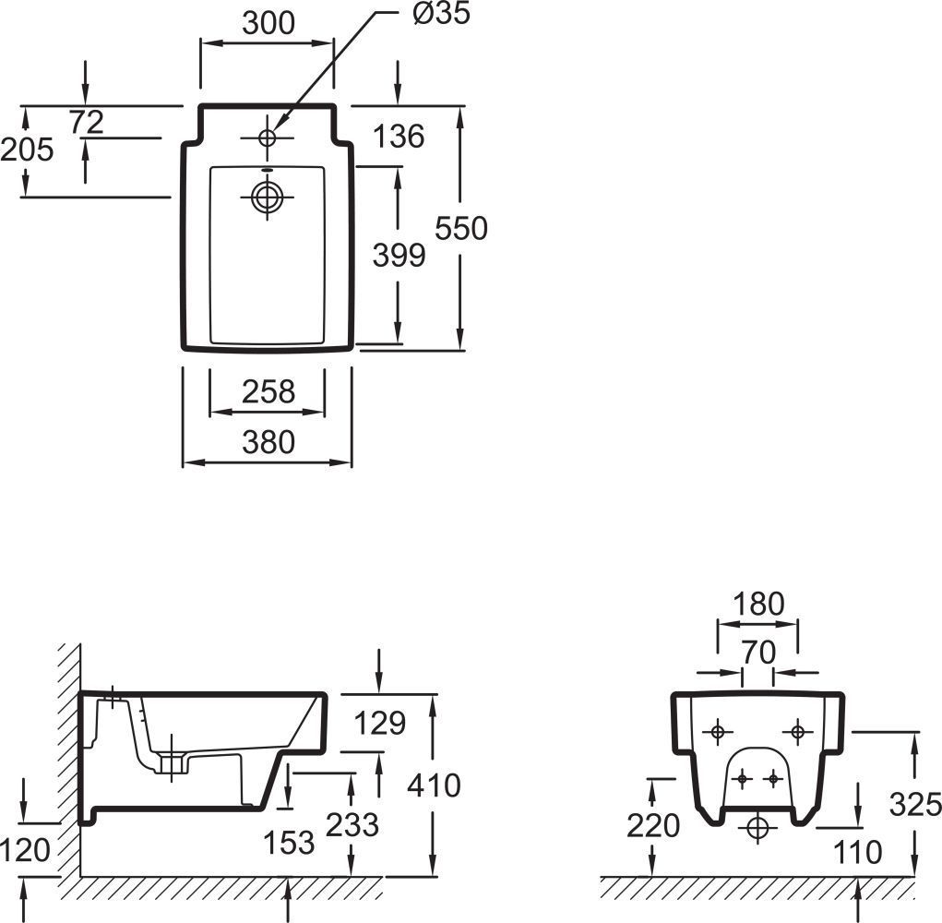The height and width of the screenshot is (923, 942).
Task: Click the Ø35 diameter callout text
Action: pyautogui.click(x=442, y=13)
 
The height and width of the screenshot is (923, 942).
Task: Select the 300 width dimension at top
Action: pyautogui.click(x=268, y=23)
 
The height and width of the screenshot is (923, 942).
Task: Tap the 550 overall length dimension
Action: pyautogui.click(x=461, y=228)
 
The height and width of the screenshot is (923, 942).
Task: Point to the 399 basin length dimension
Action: pyautogui.click(x=399, y=255)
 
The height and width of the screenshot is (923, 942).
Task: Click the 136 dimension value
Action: pyautogui.click(x=399, y=137)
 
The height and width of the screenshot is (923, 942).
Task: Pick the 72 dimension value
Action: pyautogui.click(x=87, y=123)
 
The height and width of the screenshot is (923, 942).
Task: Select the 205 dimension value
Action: pyautogui.click(x=27, y=149)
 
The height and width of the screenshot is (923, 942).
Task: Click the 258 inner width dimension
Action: pyautogui.click(x=268, y=391)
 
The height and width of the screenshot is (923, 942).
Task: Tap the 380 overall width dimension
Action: pyautogui.click(x=268, y=442)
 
